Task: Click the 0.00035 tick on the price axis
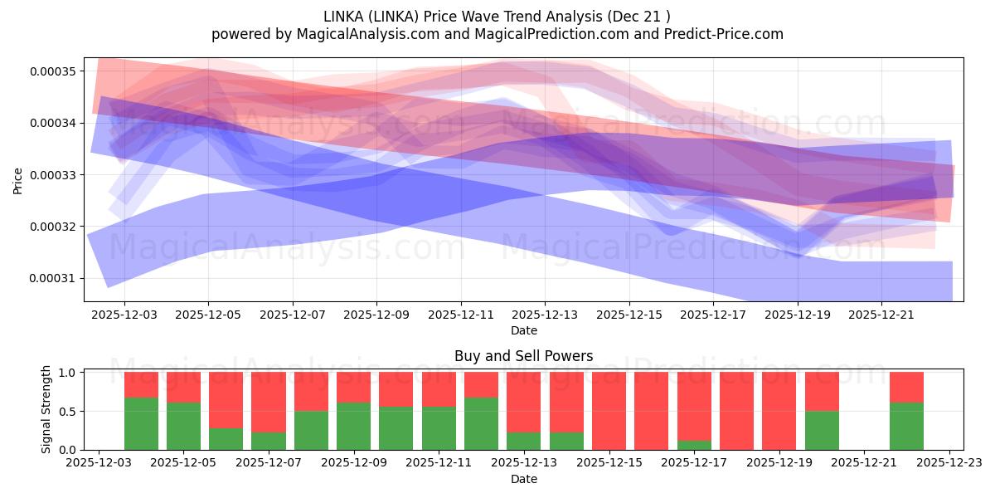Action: pyautogui.click(x=52, y=71)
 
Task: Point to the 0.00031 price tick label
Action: pyautogui.click(x=52, y=278)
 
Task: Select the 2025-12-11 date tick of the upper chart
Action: pyautogui.click(x=461, y=315)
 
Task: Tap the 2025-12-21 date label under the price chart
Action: pyautogui.click(x=881, y=315)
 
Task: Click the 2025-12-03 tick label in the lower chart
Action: pyautogui.click(x=99, y=464)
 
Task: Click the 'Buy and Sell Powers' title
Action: pyautogui.click(x=523, y=356)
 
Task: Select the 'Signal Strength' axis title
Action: pyautogui.click(x=46, y=408)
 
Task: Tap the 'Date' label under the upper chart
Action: pyautogui.click(x=523, y=330)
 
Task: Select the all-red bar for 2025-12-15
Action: pyautogui.click(x=609, y=411)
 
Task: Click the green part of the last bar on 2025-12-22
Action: pyautogui.click(x=906, y=426)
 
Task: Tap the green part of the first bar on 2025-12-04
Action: pyautogui.click(x=141, y=423)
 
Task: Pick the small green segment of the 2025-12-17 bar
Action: pyautogui.click(x=694, y=445)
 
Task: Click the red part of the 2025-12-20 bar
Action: pyautogui.click(x=822, y=391)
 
